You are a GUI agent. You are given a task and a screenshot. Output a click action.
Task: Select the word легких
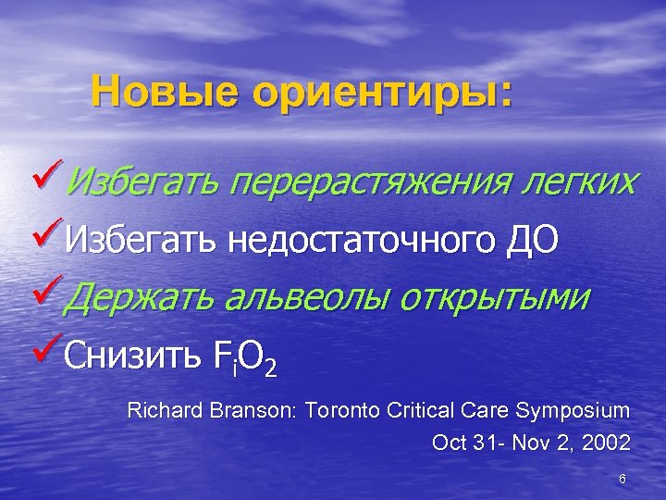click(x=576, y=181)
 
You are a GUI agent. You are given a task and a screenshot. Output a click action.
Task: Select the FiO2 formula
click(x=243, y=357)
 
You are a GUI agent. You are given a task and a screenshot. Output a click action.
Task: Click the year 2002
click(x=610, y=444)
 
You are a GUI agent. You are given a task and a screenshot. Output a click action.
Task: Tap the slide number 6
click(x=623, y=479)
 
